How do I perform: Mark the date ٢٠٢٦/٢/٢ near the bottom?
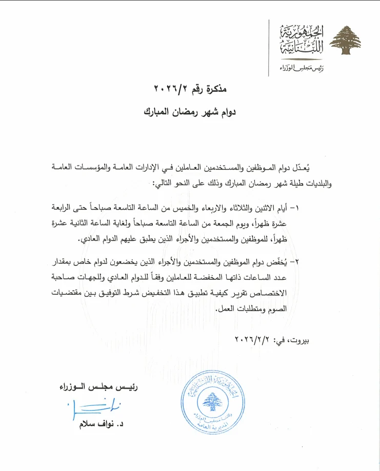[x=254, y=339]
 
